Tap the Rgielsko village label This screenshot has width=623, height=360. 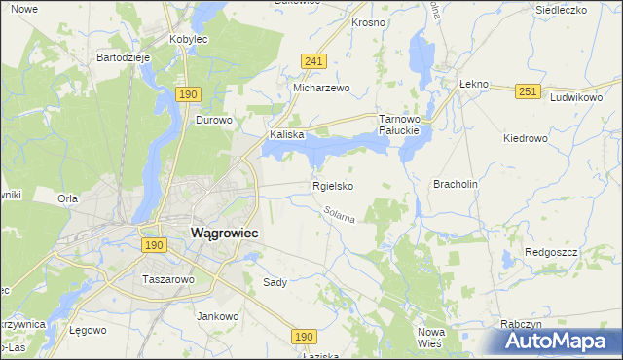point(332,186)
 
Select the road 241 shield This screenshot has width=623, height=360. point(312,61)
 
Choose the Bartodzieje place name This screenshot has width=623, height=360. point(122,57)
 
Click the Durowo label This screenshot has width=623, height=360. point(213,121)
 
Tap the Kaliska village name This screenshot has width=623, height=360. point(288,135)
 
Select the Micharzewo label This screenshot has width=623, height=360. point(321,88)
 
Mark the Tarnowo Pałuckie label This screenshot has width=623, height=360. point(398,124)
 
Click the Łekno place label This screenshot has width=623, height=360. point(473,85)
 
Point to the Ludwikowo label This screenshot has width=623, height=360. point(577,98)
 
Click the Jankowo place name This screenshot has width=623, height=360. point(218,316)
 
